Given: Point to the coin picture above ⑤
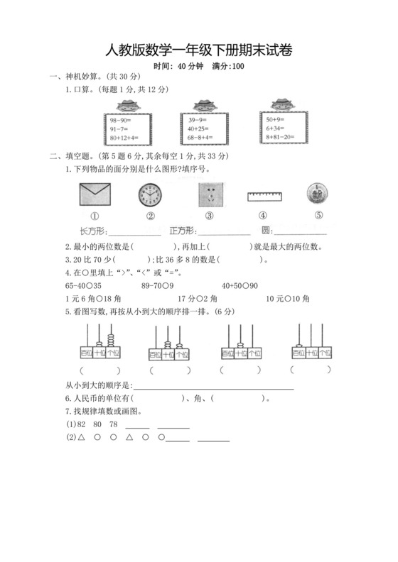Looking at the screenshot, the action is click(316, 194).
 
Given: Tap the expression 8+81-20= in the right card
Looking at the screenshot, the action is click(281, 138).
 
